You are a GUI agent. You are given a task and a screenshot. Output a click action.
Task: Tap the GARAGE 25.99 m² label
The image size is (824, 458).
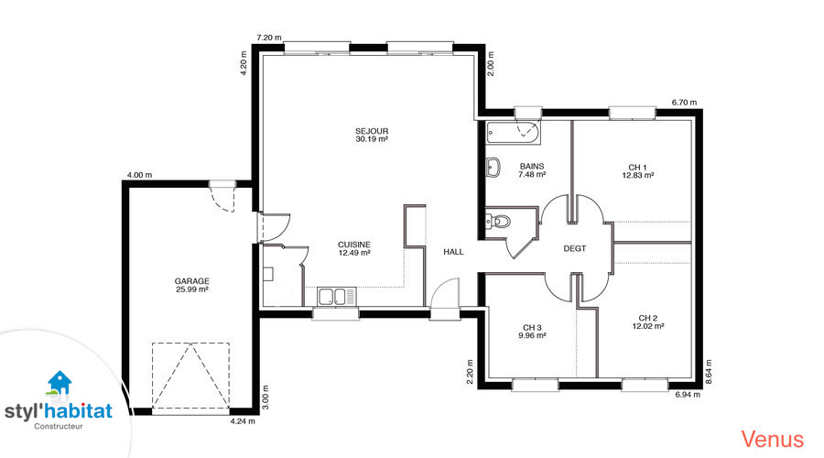(192, 285)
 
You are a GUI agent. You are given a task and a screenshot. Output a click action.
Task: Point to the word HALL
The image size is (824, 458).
(453, 252)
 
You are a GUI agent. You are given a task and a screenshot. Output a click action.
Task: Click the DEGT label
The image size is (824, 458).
(574, 248)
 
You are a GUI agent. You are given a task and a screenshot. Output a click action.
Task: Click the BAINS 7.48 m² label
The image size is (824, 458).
(532, 169)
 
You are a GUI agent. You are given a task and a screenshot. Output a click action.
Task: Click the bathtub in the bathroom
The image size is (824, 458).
(513, 133)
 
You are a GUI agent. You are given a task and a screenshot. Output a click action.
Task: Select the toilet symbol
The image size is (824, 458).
(498, 222)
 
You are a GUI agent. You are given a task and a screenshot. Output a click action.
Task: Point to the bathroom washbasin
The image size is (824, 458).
(493, 168)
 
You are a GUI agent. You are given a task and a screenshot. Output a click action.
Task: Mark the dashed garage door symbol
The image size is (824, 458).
(190, 376)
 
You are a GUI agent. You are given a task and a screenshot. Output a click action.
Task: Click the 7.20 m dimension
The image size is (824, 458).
(268, 38)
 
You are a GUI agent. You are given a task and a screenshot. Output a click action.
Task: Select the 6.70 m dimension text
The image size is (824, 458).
(684, 103)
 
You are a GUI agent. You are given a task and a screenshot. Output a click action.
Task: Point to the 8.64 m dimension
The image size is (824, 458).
(709, 372)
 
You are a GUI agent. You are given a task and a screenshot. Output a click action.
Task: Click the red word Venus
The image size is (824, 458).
(773, 439)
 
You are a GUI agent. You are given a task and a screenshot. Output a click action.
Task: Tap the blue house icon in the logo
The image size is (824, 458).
(60, 382)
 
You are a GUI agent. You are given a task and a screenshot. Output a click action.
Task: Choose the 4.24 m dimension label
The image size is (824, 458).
(243, 421)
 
